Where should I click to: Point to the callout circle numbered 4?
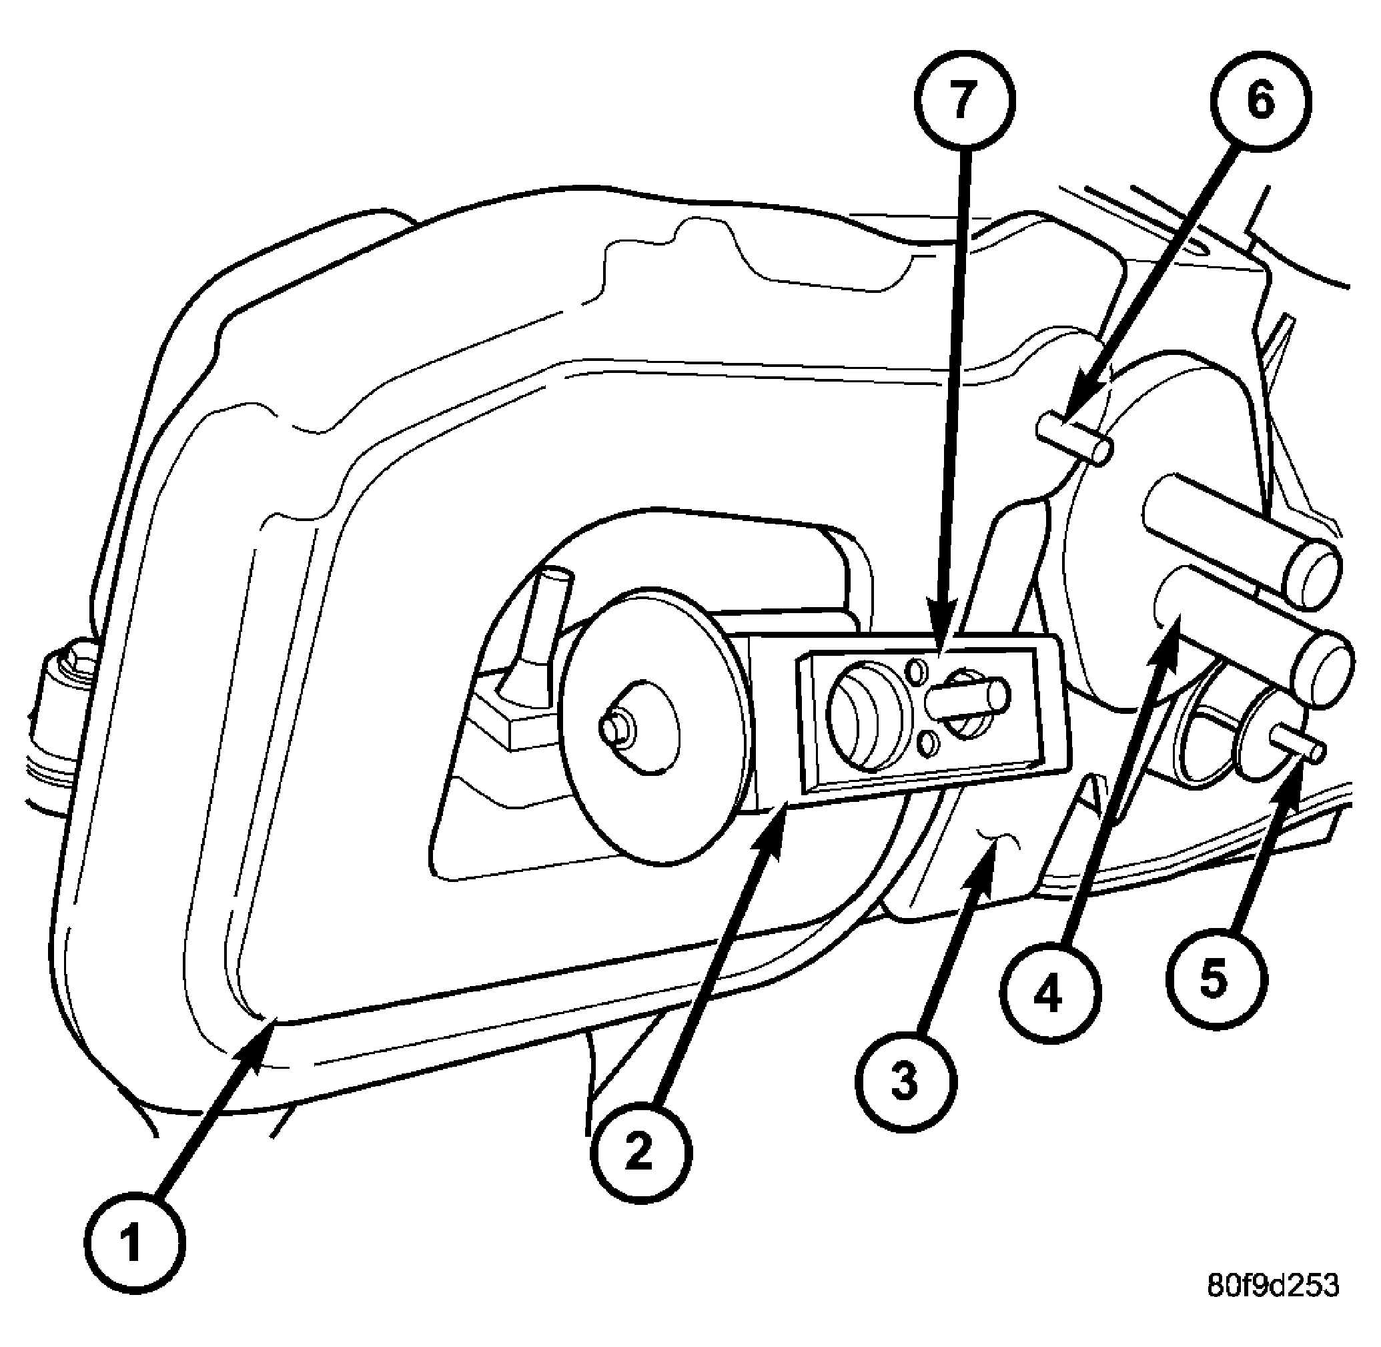[1050, 993]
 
